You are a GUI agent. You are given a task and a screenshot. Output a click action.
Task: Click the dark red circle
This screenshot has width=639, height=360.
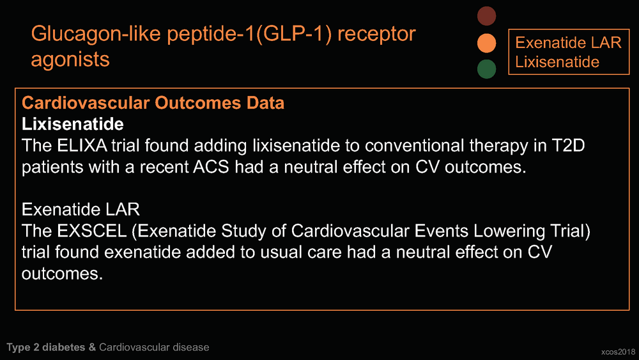486,16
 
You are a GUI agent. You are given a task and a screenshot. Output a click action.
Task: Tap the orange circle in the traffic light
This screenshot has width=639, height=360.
486,43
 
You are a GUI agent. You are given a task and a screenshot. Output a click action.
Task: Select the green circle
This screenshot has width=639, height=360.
486,69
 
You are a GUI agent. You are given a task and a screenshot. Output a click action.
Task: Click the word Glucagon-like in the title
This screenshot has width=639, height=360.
96,34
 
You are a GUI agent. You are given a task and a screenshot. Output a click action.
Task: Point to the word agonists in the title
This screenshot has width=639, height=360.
70,59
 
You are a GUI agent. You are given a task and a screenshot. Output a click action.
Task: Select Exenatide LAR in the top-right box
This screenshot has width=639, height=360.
568,42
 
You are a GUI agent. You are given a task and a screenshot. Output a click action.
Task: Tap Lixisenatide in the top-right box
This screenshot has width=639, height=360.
557,62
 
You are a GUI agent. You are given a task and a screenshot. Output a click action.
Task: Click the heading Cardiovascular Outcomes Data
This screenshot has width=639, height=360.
153,103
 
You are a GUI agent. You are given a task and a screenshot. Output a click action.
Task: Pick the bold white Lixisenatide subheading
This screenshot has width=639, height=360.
73,124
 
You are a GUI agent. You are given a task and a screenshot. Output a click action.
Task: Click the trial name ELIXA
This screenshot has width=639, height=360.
82,146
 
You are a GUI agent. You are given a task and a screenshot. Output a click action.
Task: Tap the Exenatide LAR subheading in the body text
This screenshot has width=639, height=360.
81,210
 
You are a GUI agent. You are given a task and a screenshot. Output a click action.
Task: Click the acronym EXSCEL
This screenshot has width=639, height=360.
91,231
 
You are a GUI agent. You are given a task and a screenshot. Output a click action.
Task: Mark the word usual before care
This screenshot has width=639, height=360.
281,253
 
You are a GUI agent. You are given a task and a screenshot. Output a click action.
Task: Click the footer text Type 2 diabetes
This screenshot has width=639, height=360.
45,347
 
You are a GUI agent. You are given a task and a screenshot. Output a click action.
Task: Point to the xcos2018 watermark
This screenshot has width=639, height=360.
618,352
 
